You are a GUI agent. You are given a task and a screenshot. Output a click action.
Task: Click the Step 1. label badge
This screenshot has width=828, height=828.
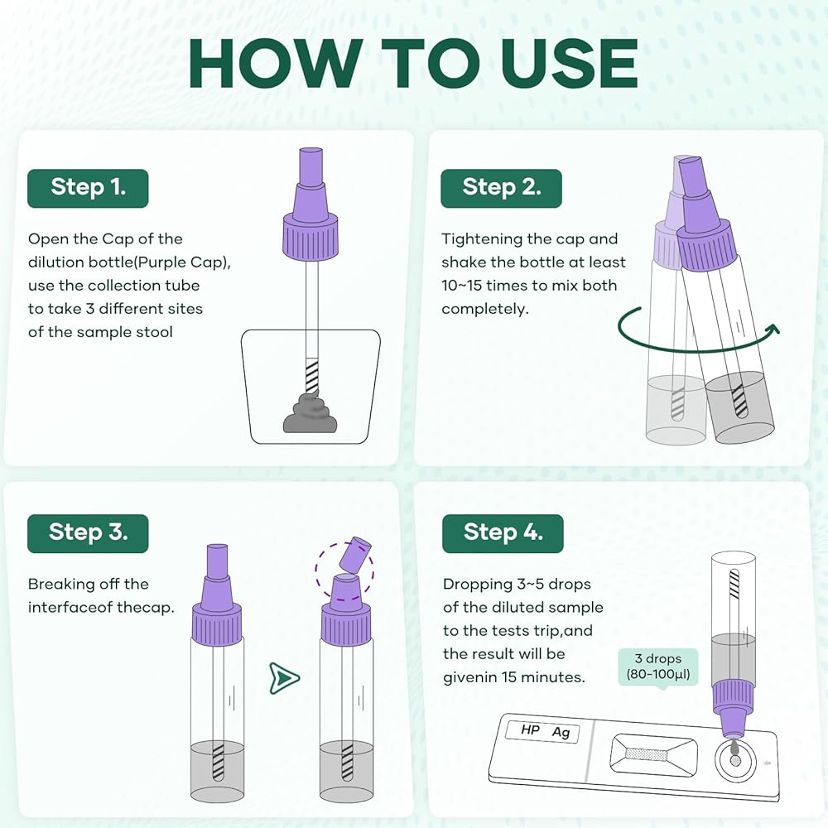coord(88,188)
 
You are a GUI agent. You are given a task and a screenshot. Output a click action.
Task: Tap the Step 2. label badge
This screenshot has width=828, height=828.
coord(501,188)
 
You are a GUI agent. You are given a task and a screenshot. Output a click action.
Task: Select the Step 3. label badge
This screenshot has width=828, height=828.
coord(88,533)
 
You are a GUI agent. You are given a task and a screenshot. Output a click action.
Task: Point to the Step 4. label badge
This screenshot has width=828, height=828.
coord(503,533)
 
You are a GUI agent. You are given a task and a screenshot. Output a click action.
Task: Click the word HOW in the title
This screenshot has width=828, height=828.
coord(275,64)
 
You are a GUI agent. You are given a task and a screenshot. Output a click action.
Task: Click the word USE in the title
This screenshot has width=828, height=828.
coord(570,64)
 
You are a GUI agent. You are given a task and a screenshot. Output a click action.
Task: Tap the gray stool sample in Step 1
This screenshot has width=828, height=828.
coord(310,413)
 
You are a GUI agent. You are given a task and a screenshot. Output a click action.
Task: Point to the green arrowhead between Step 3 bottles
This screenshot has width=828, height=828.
coord(284,678)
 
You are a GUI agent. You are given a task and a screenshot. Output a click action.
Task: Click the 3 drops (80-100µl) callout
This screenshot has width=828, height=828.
coord(658,667)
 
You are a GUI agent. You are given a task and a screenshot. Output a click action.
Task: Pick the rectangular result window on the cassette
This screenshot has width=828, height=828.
coord(653,755)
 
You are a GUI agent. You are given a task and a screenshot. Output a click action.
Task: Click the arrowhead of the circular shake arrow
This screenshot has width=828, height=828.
coord(773,330)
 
